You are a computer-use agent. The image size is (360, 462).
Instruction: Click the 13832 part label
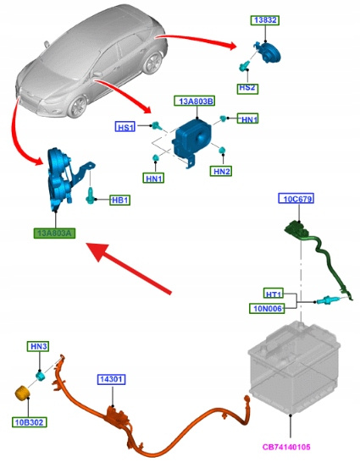click(265, 20)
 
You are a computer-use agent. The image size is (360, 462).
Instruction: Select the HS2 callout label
click(247, 88)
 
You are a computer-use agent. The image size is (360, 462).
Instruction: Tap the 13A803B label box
click(195, 101)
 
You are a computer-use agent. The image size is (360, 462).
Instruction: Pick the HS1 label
click(125, 127)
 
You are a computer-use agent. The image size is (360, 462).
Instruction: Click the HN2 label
click(221, 171)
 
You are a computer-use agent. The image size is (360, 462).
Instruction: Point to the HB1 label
click(120, 200)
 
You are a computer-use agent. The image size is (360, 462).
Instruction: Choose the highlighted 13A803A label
click(54, 233)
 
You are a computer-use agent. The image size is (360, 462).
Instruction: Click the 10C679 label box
click(296, 199)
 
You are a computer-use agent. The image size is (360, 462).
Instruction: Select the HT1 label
click(274, 294)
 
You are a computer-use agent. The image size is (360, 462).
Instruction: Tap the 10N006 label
click(267, 308)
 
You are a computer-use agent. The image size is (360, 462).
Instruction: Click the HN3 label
click(38, 347)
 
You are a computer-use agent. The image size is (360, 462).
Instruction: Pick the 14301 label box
click(111, 379)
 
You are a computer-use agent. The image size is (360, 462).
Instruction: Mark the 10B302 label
click(29, 422)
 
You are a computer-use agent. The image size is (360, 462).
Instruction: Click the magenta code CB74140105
click(286, 447)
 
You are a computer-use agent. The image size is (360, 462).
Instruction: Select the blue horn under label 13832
click(269, 52)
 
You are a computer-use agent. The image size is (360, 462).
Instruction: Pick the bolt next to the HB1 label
click(90, 195)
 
